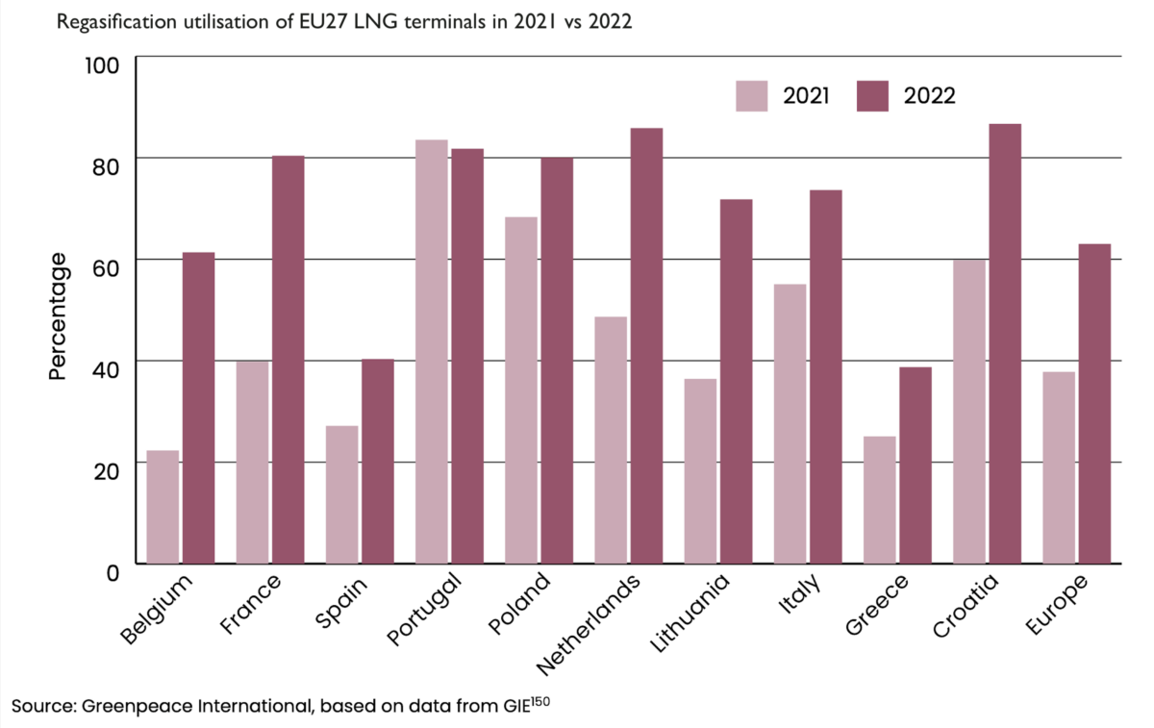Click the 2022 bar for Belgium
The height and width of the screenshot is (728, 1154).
click(198, 408)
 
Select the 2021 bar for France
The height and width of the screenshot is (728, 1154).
click(252, 462)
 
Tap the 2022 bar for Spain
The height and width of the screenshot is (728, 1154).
click(378, 461)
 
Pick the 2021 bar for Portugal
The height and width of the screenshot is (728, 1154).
click(432, 351)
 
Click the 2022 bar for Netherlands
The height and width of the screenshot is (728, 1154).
click(646, 345)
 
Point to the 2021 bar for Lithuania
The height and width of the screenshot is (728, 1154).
click(700, 470)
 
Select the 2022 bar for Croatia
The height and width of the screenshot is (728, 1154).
click(1005, 343)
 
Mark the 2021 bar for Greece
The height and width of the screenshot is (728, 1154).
click(880, 499)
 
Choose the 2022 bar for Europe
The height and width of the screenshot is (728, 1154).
click(1094, 403)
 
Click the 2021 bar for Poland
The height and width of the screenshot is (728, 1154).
click(521, 389)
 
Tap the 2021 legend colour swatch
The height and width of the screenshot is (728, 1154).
click(752, 96)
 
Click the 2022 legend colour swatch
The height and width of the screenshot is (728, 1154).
click(871, 96)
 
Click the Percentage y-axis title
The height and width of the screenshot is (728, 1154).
click(58, 315)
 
